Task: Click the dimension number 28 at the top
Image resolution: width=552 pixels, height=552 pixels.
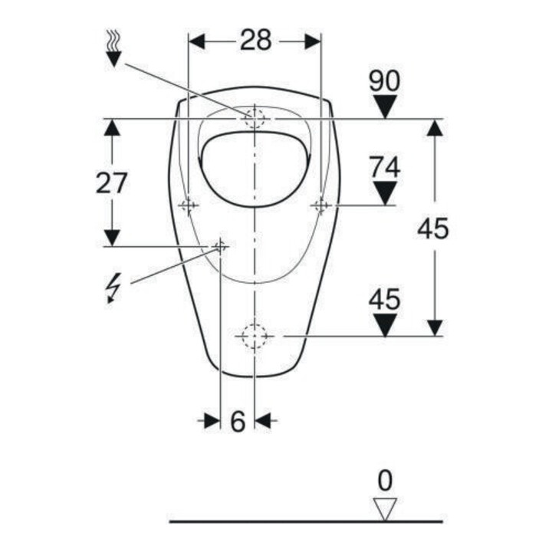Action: pyautogui.click(x=255, y=40)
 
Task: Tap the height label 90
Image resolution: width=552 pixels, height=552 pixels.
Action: pyautogui.click(x=384, y=80)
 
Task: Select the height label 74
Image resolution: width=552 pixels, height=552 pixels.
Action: pyautogui.click(x=384, y=167)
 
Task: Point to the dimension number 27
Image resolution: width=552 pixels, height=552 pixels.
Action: pyautogui.click(x=111, y=182)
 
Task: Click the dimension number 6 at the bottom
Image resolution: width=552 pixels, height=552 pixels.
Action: pyautogui.click(x=238, y=421)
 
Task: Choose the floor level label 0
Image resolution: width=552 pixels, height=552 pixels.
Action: pyautogui.click(x=385, y=481)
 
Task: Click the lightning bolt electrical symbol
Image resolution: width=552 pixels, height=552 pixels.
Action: pyautogui.click(x=113, y=287)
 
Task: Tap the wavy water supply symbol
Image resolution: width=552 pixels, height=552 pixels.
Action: pyautogui.click(x=113, y=48)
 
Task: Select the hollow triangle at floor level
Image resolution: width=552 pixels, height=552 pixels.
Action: pyautogui.click(x=385, y=509)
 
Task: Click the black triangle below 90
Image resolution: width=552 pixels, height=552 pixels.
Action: pyautogui.click(x=385, y=107)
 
